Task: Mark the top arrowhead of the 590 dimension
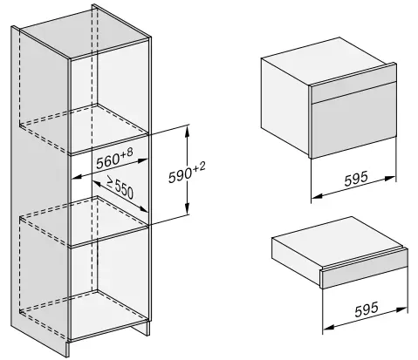[x=188, y=128]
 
